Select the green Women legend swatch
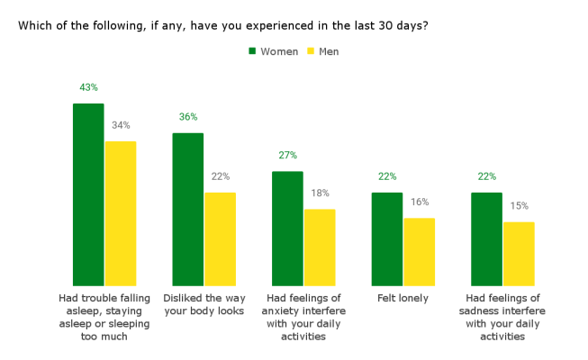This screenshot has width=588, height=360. tap(252, 51)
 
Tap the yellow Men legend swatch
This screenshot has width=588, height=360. tap(311, 51)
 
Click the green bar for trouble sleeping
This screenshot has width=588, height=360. tap(88, 194)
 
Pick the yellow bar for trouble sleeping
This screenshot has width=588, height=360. tap(121, 213)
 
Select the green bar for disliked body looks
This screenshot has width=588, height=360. tap(187, 209)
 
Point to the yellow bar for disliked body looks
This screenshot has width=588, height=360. tap(220, 238)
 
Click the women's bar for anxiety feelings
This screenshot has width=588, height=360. tap(287, 229)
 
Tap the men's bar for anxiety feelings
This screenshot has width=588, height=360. tap(320, 247)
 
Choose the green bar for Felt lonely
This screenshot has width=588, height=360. tap(386, 238)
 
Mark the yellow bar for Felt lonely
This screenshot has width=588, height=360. tap(419, 252)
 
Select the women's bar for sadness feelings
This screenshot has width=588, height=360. tap(486, 238)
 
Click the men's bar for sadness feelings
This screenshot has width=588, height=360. tap(519, 254)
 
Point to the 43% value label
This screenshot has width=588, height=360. tap(88, 87)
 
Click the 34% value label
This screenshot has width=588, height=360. tap(121, 125)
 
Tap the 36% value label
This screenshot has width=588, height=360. tap(187, 117)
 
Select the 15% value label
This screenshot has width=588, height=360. tap(519, 206)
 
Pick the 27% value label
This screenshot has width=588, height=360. tap(287, 155)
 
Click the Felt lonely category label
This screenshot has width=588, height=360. tap(403, 298)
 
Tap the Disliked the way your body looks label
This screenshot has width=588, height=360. tap(204, 304)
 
